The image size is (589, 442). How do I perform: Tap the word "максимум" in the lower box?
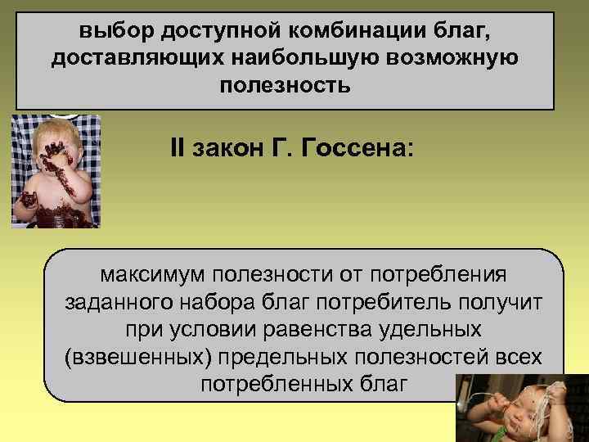(155, 273)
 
